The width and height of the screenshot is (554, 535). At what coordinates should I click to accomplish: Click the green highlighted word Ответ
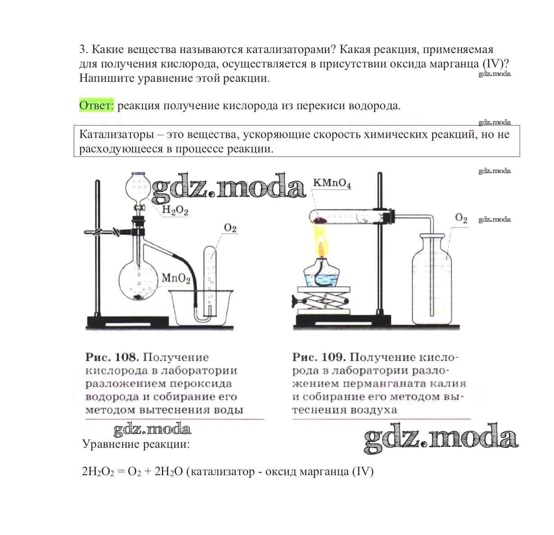click(x=97, y=106)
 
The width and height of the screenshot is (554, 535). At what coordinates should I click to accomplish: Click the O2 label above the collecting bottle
click(x=461, y=218)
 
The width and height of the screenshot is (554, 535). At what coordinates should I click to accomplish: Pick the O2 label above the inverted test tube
click(x=230, y=228)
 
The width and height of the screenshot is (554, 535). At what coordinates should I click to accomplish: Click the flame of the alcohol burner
click(x=320, y=243)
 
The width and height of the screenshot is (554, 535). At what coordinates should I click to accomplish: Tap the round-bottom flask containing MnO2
click(x=138, y=281)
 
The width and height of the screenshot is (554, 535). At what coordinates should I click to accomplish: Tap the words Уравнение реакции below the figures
click(x=136, y=445)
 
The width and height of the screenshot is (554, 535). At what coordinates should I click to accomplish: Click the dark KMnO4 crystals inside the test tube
click(x=320, y=220)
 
